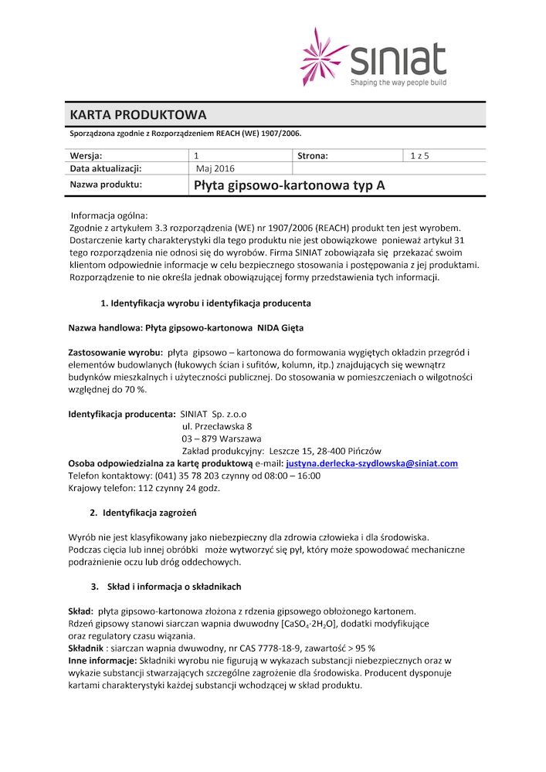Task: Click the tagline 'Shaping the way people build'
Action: [x=398, y=82]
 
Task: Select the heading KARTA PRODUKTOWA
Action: [x=138, y=115]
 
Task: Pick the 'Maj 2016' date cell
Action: [x=215, y=168]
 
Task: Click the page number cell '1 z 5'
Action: [x=419, y=156]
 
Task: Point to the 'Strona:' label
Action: [x=313, y=156]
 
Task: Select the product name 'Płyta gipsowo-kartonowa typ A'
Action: [x=289, y=185]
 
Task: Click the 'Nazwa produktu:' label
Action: [x=106, y=185]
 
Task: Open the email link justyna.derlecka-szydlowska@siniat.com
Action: [x=371, y=463]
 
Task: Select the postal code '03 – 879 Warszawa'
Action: [x=221, y=438]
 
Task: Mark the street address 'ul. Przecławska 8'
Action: [x=217, y=426]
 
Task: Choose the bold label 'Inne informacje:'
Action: [x=103, y=660]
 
